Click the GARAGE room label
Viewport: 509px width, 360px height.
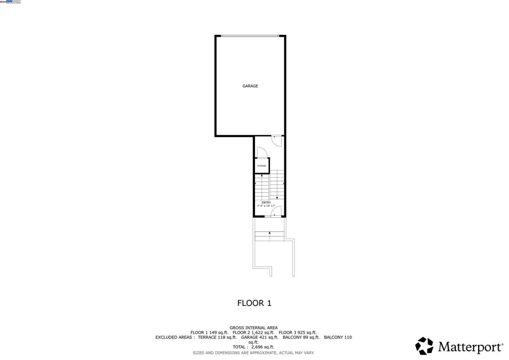250,86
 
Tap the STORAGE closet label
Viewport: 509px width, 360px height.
261,166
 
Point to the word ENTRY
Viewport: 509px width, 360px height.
266,202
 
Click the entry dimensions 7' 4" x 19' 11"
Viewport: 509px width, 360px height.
266,206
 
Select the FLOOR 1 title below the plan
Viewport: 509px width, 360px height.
254,303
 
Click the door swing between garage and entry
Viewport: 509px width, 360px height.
277,141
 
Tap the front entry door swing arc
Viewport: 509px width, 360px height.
276,211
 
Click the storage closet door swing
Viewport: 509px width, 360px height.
261,153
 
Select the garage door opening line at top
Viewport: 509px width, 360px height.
250,35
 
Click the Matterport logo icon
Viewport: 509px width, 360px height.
424,346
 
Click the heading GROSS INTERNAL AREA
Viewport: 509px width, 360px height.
254,328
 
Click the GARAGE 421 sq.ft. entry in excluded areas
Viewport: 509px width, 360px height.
259,337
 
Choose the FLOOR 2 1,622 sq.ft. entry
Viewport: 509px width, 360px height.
254,332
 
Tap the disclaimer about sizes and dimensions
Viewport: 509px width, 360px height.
254,353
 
